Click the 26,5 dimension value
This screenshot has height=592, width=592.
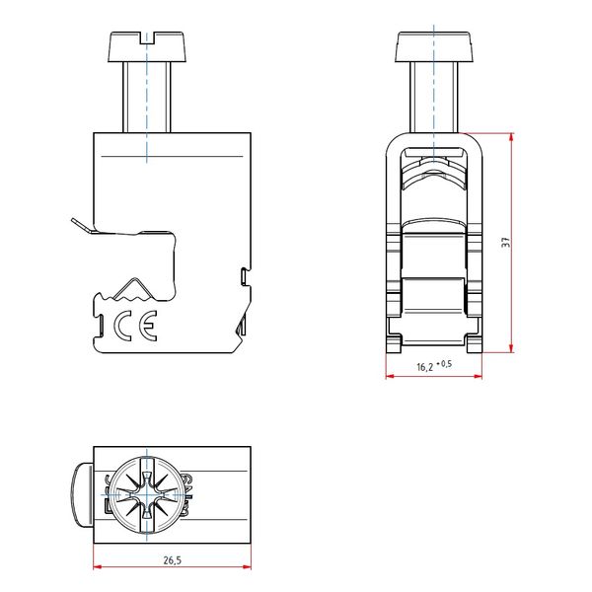click(172, 560)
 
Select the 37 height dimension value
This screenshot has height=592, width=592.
click(506, 243)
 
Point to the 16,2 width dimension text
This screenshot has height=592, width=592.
click(424, 367)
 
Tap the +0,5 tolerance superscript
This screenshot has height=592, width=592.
click(444, 363)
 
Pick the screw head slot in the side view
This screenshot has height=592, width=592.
click(147, 38)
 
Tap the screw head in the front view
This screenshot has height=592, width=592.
click(433, 46)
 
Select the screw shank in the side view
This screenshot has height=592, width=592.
click(147, 97)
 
